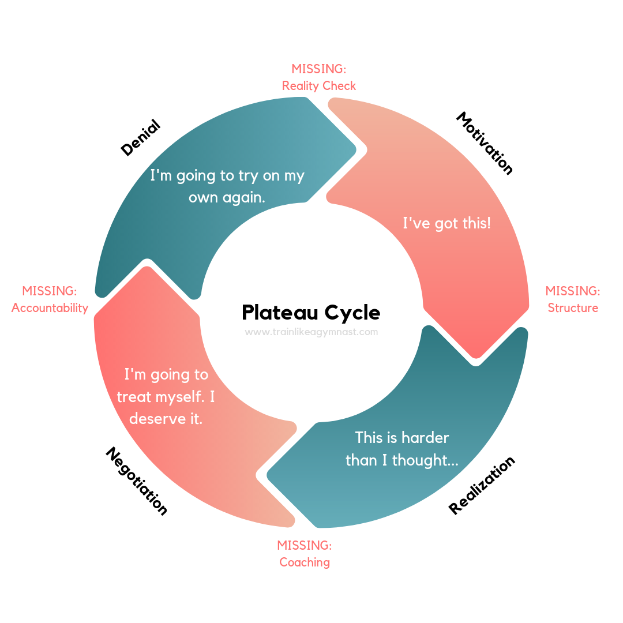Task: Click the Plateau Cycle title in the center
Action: (x=311, y=312)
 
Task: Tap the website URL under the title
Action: (x=311, y=332)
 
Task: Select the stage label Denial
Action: (x=141, y=137)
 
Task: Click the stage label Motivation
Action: (x=485, y=143)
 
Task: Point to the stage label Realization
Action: (x=482, y=486)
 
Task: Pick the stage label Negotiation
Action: (x=136, y=481)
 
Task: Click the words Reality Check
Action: (x=318, y=86)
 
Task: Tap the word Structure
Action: (x=573, y=308)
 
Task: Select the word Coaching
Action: (x=305, y=562)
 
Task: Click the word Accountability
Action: (x=50, y=308)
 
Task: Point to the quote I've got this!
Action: (x=446, y=223)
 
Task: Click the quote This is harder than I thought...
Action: (x=402, y=449)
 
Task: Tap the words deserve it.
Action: (x=166, y=419)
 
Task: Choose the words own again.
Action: (x=227, y=197)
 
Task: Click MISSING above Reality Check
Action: (x=318, y=69)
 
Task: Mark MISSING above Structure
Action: (x=573, y=291)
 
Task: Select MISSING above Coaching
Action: (x=305, y=545)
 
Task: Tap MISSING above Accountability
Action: (x=49, y=291)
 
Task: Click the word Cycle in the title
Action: (x=352, y=313)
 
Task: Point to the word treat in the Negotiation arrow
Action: (x=134, y=397)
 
